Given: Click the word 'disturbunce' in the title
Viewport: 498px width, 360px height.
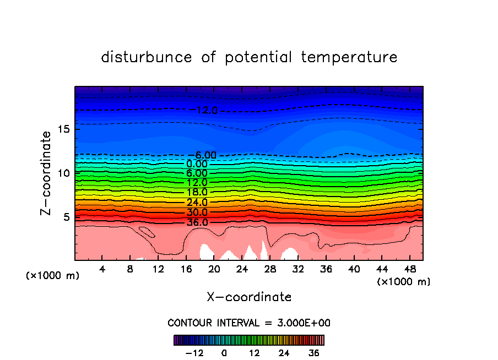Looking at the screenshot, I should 147,57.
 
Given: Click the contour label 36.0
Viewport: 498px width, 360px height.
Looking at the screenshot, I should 197,222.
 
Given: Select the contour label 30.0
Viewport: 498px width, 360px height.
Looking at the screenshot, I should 197,212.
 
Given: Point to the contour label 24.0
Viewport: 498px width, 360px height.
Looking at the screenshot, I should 197,202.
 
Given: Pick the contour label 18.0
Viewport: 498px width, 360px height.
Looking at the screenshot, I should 197,192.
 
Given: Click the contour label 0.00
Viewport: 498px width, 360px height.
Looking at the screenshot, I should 197,163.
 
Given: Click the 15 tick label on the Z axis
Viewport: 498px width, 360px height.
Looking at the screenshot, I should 62,129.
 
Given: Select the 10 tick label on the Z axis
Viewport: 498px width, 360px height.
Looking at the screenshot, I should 62,173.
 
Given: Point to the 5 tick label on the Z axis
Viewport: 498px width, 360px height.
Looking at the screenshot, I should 65,217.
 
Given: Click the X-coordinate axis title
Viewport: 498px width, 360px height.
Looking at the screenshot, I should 249,297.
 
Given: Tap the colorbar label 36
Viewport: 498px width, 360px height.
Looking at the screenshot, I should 314,353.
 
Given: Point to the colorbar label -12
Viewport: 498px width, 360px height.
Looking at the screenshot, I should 194,353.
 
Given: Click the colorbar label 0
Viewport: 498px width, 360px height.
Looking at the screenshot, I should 224,353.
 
